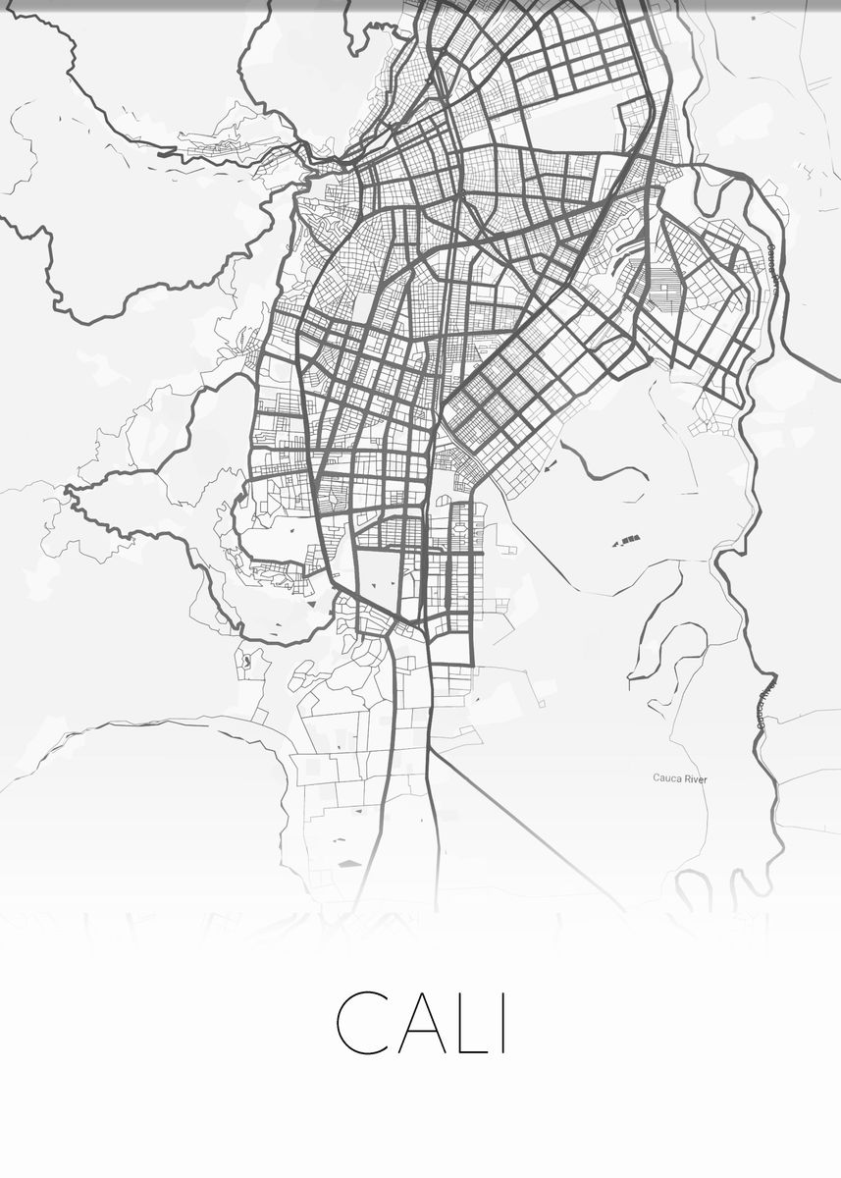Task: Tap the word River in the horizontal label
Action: pos(695,778)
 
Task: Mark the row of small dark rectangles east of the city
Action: pos(625,539)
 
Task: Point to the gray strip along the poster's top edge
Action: pos(420,5)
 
